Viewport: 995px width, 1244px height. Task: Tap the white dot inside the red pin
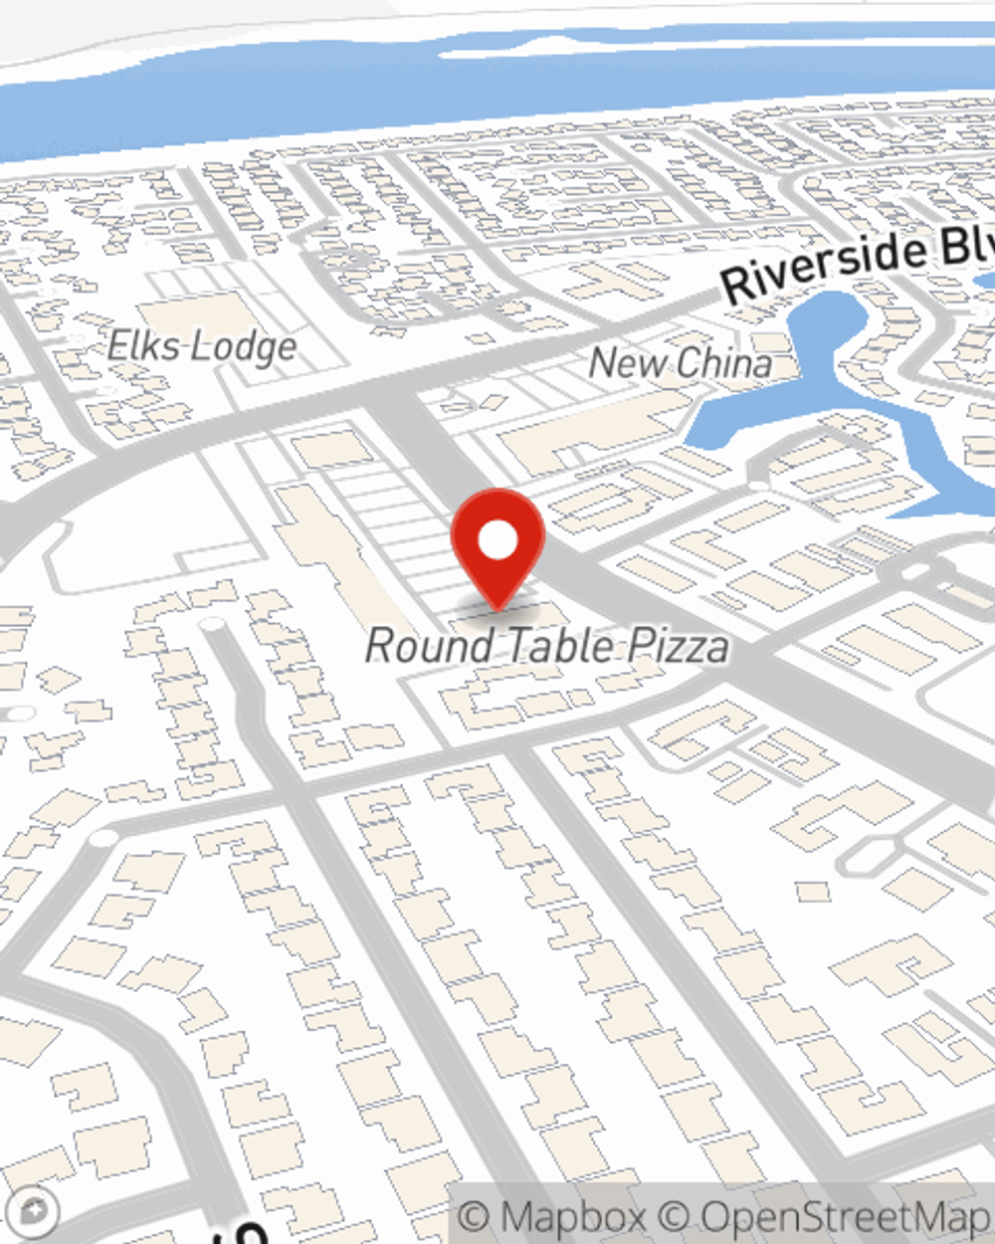497,541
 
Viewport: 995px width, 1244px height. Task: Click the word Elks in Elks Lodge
144,346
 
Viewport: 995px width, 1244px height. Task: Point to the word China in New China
722,363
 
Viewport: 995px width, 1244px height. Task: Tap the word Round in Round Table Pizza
431,646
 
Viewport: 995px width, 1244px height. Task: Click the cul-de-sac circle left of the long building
211,625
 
